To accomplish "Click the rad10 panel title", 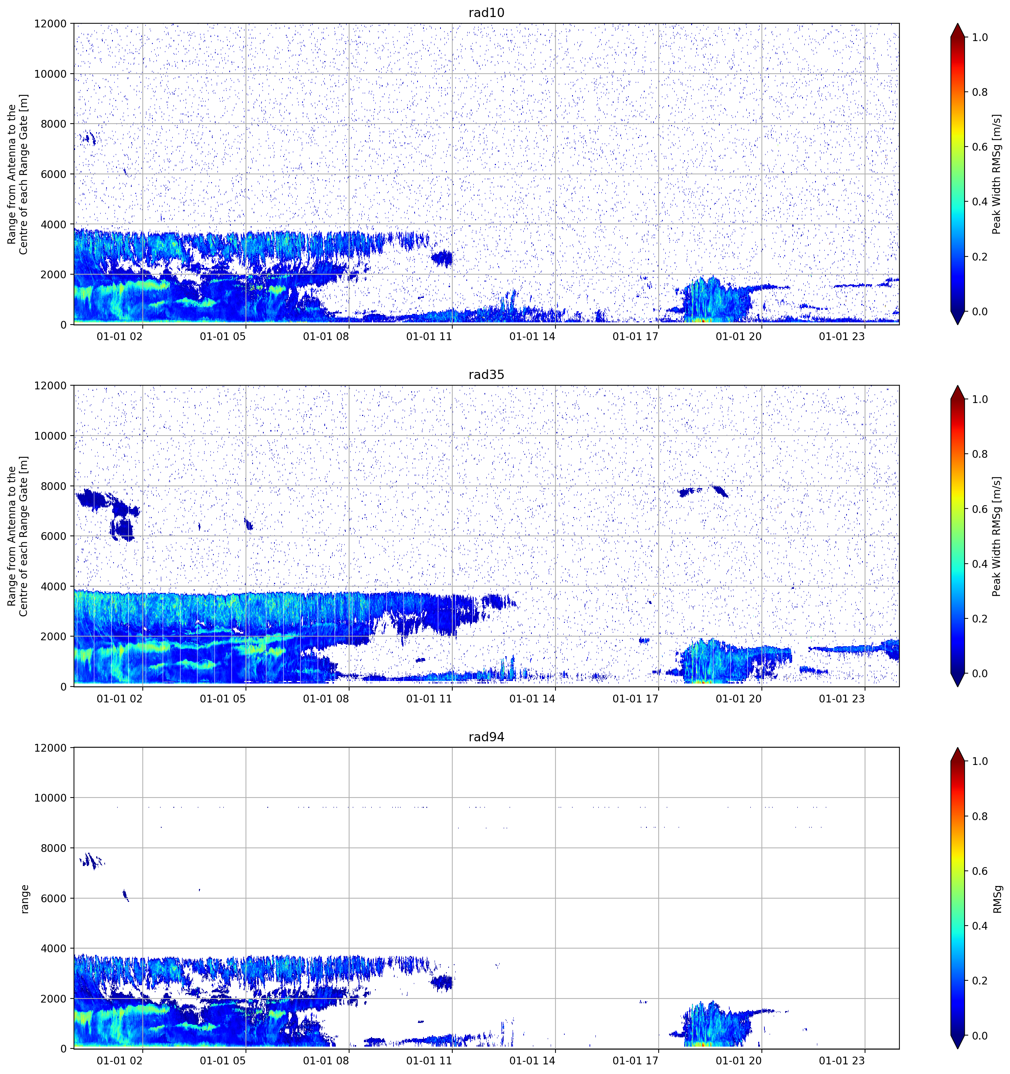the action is click(486, 13).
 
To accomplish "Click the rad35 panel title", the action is click(486, 375).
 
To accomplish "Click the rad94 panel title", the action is click(486, 737).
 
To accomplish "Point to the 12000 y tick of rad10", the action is click(50, 24).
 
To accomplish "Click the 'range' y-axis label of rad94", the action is click(24, 899).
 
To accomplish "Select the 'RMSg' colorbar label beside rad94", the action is click(997, 899).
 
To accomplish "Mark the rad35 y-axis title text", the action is click(18, 536).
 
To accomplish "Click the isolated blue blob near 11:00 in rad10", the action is click(442, 258).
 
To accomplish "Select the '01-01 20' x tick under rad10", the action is click(739, 336).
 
